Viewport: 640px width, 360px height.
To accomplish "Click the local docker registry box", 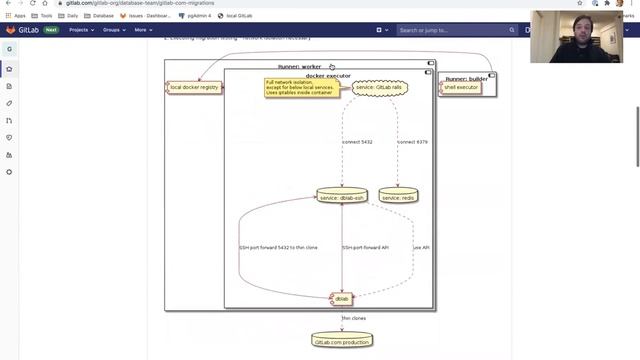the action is (x=194, y=87).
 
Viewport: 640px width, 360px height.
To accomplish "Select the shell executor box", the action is (x=461, y=87).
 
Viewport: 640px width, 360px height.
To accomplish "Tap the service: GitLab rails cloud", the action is (x=380, y=88).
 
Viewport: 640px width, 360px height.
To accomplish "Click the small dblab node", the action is (x=342, y=298).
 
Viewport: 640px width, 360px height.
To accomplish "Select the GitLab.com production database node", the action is (x=342, y=340).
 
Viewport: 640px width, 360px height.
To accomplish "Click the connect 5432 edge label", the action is (x=357, y=142).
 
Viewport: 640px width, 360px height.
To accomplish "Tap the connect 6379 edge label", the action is (x=412, y=142).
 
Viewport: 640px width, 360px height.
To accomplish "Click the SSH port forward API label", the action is (x=366, y=247).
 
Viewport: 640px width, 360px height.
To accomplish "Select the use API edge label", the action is (x=422, y=247).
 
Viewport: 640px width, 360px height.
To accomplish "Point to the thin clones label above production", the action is (x=353, y=318).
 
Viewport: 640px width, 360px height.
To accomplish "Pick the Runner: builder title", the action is (x=466, y=78).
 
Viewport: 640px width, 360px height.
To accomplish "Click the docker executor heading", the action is (x=328, y=75).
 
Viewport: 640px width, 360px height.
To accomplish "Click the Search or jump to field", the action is (x=440, y=30).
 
